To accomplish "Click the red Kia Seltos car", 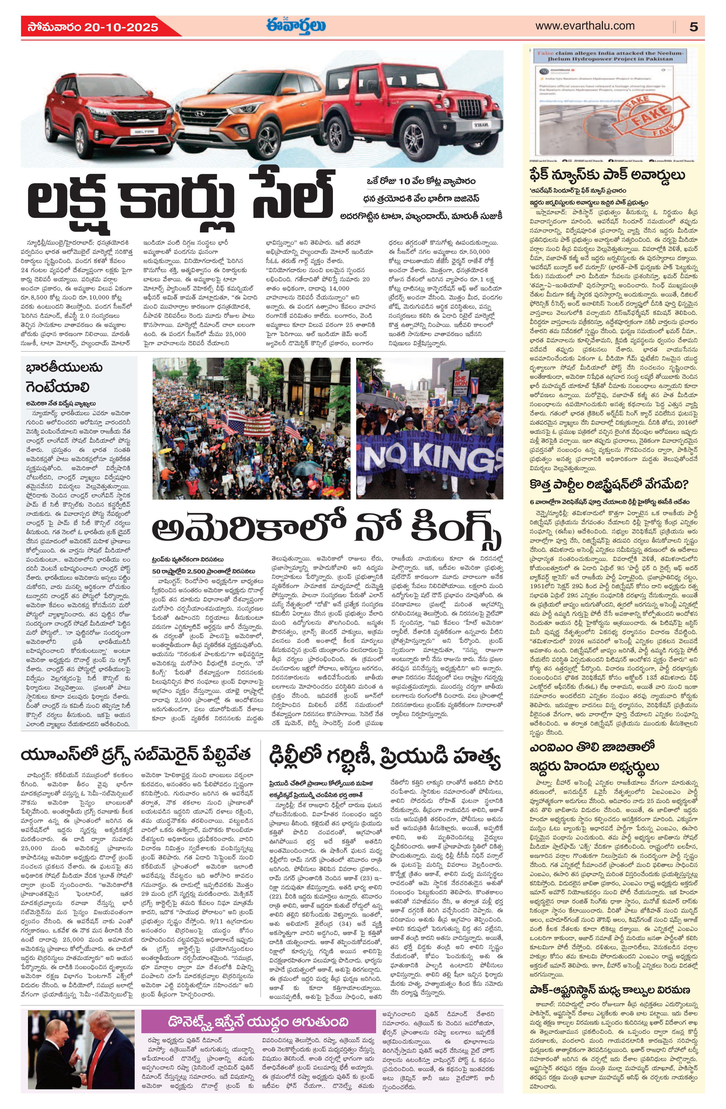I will (x=103, y=112).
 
